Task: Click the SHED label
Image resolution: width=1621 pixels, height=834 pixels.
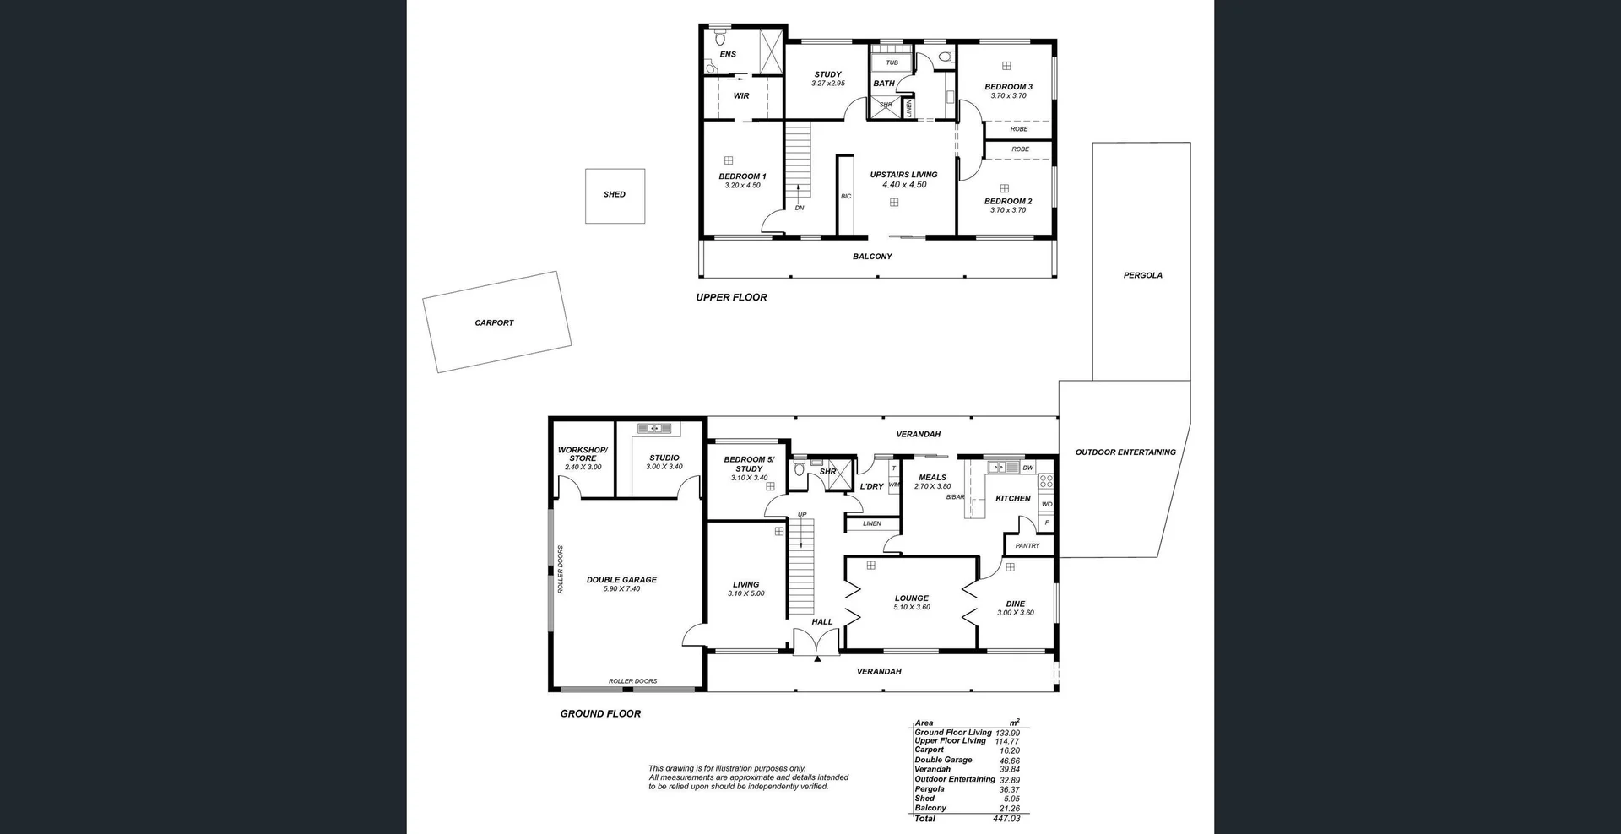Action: click(615, 194)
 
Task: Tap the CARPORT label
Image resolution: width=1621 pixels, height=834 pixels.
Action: click(494, 322)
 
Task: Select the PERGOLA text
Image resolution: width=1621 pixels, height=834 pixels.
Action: click(1142, 275)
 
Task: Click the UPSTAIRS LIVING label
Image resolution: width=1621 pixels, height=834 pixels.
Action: click(903, 175)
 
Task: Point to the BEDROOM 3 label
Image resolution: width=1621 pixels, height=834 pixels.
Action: click(1008, 87)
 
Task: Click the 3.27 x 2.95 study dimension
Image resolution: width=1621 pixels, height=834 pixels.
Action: click(828, 84)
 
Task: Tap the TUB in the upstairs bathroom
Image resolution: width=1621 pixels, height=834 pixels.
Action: click(892, 62)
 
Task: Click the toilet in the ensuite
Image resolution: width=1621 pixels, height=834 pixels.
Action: click(720, 38)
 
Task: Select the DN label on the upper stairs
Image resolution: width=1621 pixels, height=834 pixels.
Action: click(800, 208)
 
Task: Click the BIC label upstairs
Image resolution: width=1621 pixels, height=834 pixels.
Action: click(846, 197)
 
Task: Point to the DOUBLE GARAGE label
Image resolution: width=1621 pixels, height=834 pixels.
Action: click(621, 580)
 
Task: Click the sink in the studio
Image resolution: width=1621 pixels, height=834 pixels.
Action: click(653, 429)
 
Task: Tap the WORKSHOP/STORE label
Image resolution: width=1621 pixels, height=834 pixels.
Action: click(583, 454)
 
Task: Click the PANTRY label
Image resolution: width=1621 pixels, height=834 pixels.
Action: click(1027, 545)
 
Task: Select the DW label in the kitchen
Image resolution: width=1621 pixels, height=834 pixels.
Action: click(1027, 468)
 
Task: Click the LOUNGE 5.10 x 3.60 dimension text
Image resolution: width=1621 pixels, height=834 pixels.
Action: click(912, 607)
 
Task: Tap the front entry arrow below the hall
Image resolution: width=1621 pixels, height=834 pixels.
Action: click(817, 658)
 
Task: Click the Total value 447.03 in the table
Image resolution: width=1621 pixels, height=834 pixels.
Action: click(1006, 819)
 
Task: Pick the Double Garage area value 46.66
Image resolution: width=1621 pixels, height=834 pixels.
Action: click(1009, 761)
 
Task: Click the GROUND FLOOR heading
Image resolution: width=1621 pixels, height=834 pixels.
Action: click(600, 713)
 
